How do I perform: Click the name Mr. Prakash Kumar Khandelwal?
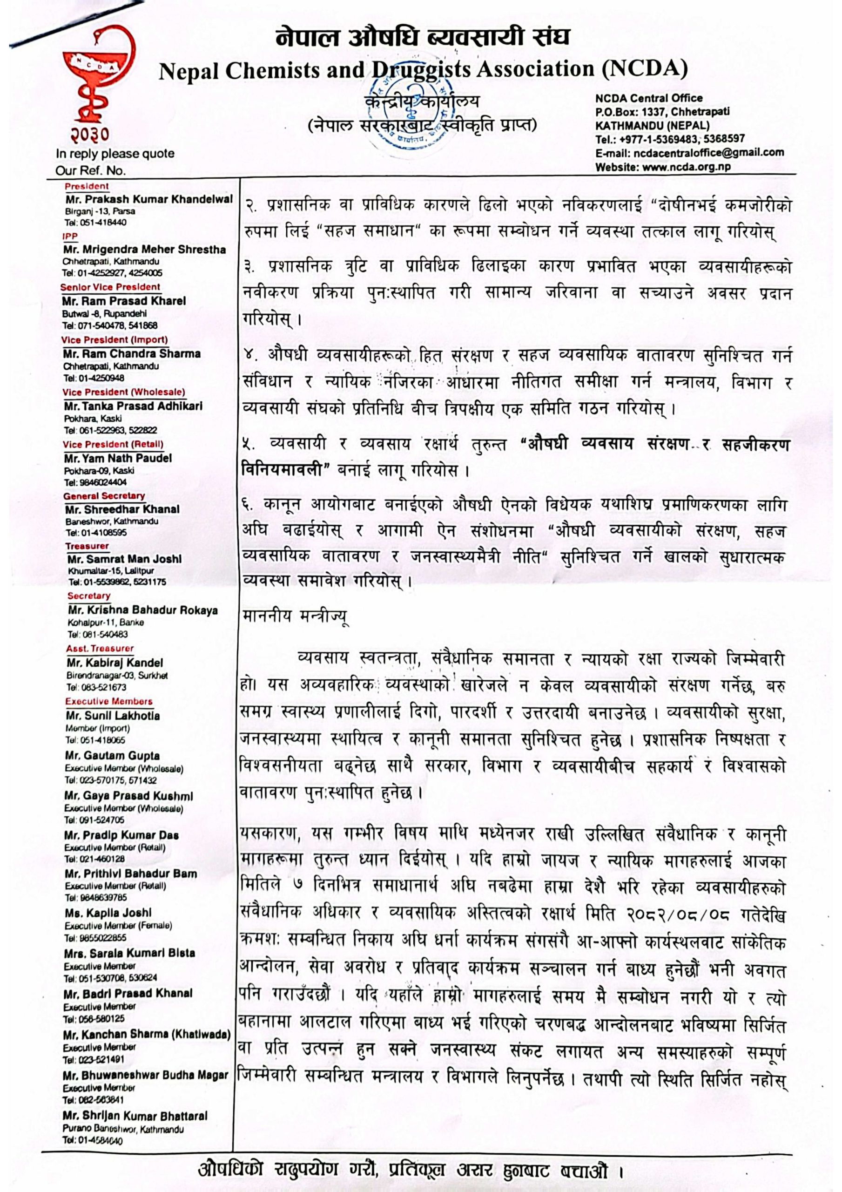point(149,199)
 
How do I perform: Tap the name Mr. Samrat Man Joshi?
point(125,559)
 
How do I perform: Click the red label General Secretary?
point(104,496)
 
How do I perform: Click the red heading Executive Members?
point(109,701)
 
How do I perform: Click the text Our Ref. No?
point(91,170)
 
